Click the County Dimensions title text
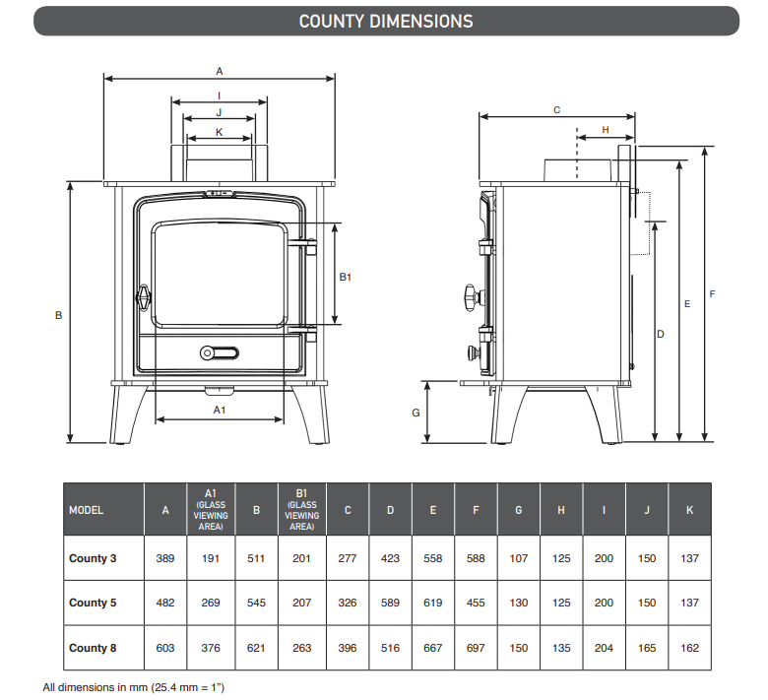pos(385,21)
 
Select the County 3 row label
pos(93,558)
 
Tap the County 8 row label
pos(93,648)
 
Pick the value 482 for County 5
pos(165,603)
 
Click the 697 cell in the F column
pos(476,648)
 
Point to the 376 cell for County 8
pos(211,648)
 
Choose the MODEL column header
pos(87,510)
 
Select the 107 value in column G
pos(519,558)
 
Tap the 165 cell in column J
pos(647,648)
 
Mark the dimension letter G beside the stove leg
pos(416,413)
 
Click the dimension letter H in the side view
pos(605,129)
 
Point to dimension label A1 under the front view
pos(220,408)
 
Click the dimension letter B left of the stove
pos(59,315)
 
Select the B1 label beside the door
pos(346,277)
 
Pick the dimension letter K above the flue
pos(219,131)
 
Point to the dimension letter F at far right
pos(712,293)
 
